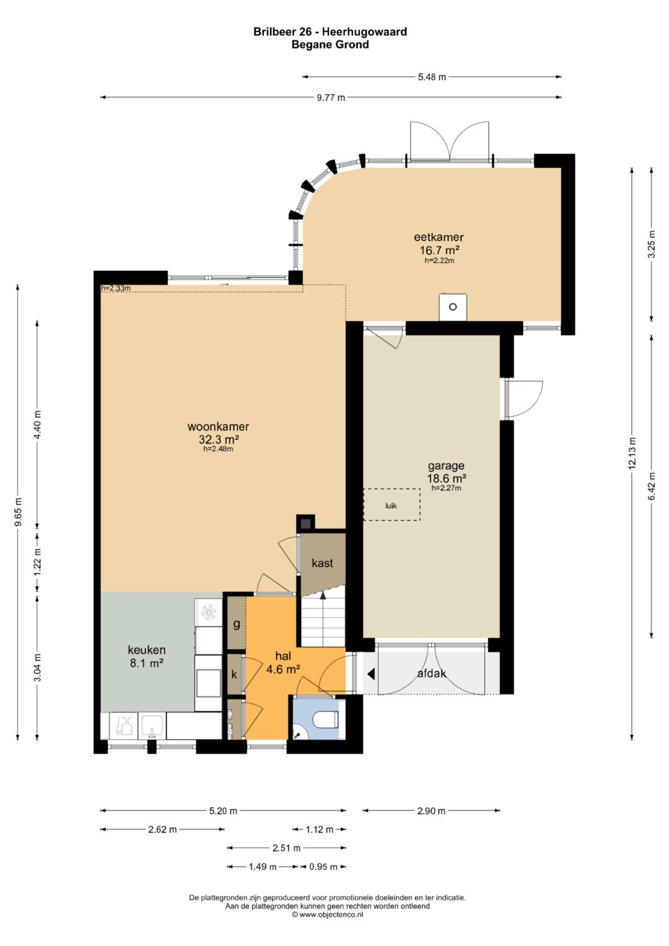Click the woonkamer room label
218,427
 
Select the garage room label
446,466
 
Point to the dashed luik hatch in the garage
391,505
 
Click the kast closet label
322,563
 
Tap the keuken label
147,650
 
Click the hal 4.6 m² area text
283,669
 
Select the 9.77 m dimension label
331,97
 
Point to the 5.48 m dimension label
432,77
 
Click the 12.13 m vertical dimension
632,453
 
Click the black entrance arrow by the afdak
371,675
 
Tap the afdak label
432,673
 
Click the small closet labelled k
234,675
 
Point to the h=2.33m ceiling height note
116,289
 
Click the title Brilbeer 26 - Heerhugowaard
330,32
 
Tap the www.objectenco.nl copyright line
327,914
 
